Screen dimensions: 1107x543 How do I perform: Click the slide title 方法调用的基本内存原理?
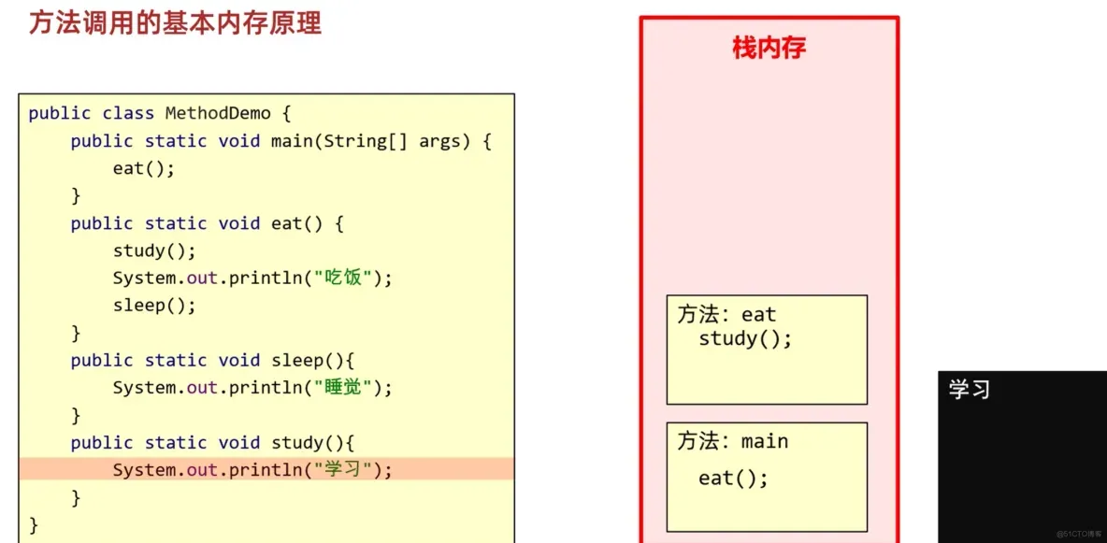(175, 23)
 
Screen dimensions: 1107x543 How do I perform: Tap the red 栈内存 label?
(769, 49)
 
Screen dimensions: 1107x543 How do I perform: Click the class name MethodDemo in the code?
(218, 113)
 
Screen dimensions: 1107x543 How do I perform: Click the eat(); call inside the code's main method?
(144, 168)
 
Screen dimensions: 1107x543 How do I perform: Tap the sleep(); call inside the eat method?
(154, 305)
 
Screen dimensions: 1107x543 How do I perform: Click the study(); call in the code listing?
(154, 250)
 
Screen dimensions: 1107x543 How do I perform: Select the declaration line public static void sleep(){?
(213, 360)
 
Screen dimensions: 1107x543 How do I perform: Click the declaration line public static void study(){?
(213, 442)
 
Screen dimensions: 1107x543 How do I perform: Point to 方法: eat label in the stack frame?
(726, 315)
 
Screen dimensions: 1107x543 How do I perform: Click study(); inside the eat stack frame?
(745, 338)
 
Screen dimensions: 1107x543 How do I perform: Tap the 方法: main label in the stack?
(733, 441)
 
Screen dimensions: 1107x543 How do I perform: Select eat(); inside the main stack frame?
(733, 479)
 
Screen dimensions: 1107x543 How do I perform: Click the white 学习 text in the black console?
(970, 390)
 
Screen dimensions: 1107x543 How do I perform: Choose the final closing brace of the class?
(34, 523)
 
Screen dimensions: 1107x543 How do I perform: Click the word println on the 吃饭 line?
(266, 278)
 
